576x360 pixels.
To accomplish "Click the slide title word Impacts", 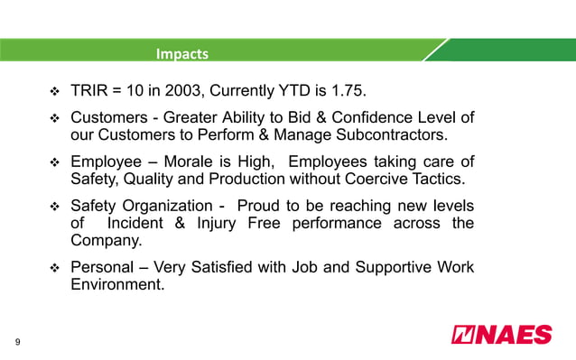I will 181,54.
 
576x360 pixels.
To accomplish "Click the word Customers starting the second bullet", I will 111,118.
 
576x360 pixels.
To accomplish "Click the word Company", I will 107,242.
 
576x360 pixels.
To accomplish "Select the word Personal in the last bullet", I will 102,268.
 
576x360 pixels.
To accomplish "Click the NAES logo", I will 501,334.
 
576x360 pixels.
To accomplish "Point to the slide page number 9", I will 16,341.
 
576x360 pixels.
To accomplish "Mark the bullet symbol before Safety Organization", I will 52,207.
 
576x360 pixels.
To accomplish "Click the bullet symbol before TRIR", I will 52,93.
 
